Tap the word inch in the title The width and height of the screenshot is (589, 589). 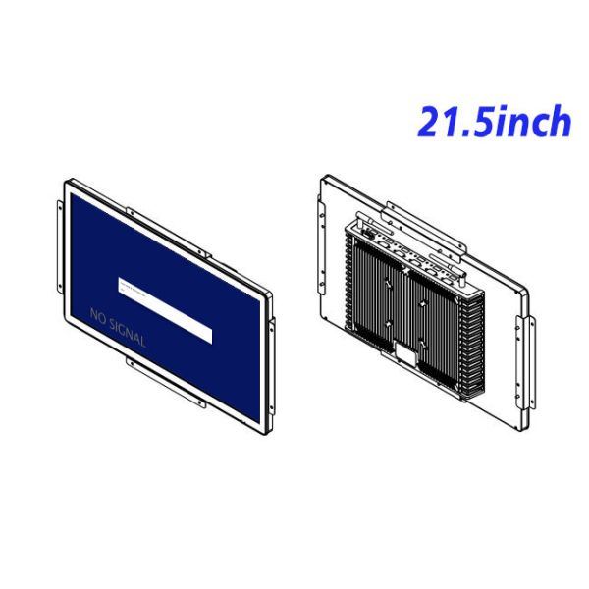pyautogui.click(x=534, y=123)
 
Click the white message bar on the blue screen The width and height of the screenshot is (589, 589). pyautogui.click(x=165, y=309)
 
